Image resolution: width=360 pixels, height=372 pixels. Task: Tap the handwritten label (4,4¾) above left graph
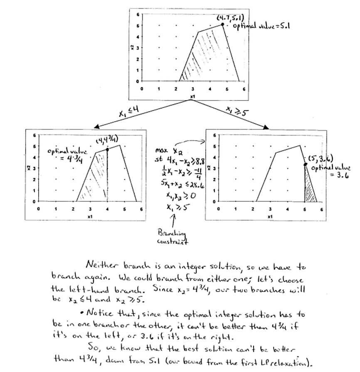point(106,141)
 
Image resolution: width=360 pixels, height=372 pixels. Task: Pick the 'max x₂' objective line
point(165,150)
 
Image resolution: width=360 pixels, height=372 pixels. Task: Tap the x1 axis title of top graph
point(192,97)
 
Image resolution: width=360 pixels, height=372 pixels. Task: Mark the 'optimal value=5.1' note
point(261,26)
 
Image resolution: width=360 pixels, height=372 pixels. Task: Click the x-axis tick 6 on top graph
point(244,89)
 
